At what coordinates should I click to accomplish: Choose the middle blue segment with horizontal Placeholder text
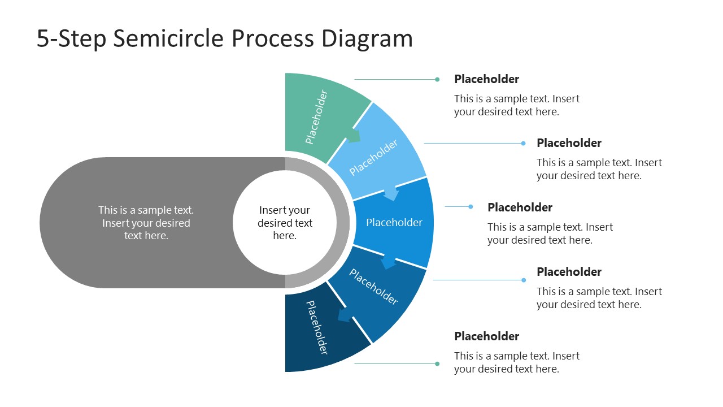click(x=395, y=223)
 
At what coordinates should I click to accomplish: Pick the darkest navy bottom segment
click(x=319, y=334)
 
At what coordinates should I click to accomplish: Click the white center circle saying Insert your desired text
click(x=285, y=223)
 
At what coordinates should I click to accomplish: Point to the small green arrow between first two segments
click(x=353, y=136)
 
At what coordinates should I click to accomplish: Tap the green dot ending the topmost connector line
click(x=437, y=80)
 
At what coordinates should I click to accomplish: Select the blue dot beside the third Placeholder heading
click(x=471, y=207)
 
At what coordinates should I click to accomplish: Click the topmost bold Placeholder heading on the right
click(x=486, y=79)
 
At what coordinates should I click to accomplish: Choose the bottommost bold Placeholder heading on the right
click(x=486, y=336)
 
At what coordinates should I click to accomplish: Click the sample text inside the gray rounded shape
click(x=146, y=223)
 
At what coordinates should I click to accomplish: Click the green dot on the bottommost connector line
click(x=437, y=363)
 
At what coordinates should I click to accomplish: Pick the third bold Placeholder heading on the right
click(x=520, y=207)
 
